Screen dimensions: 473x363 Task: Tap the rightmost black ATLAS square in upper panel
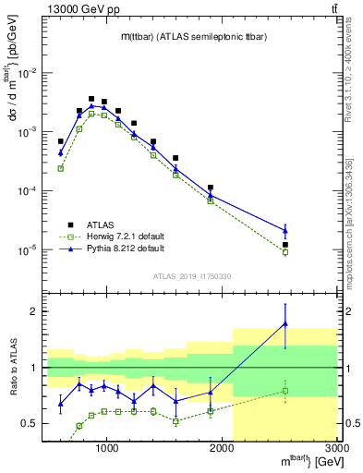tap(285, 245)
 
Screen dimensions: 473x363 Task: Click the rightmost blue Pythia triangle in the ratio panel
tap(285, 323)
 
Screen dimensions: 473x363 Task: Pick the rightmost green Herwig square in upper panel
tap(285, 252)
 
